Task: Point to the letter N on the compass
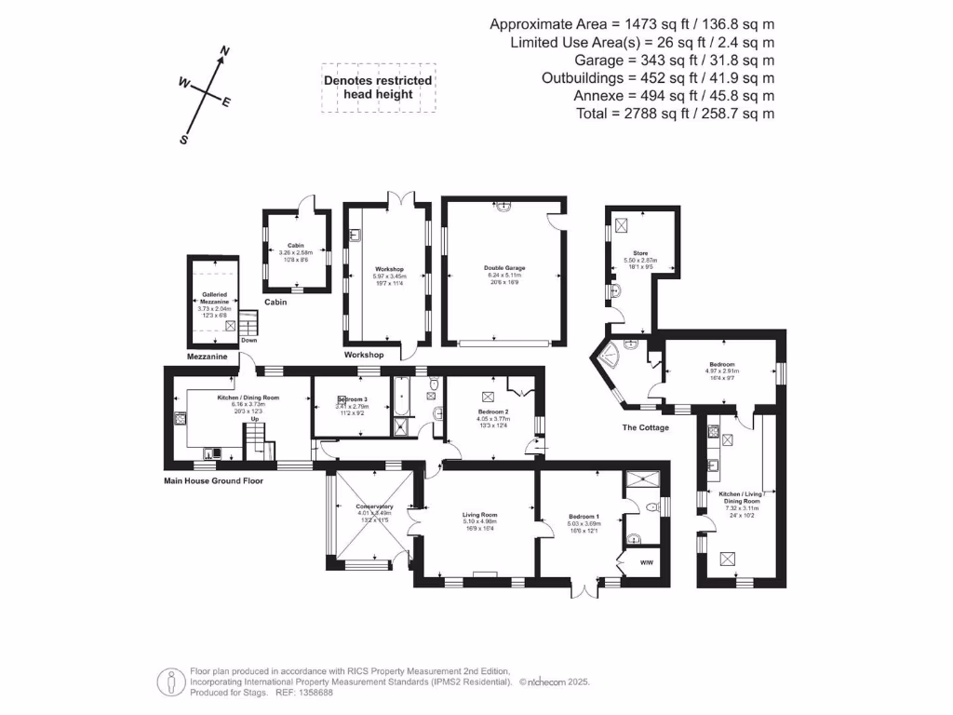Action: pyautogui.click(x=224, y=51)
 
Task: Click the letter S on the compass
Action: pyautogui.click(x=184, y=140)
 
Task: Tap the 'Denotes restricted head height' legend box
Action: pyautogui.click(x=378, y=88)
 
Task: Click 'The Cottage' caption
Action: pyautogui.click(x=645, y=427)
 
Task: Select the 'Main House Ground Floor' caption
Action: pyautogui.click(x=213, y=481)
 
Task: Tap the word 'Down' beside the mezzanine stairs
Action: pyautogui.click(x=248, y=341)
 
